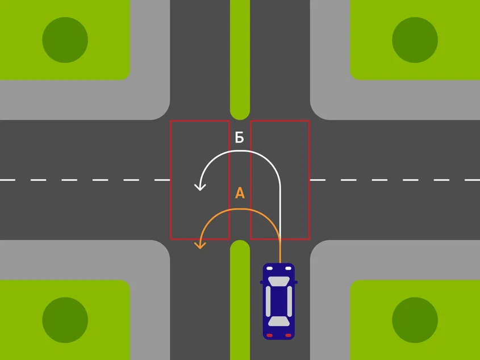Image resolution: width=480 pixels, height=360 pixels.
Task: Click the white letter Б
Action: (239, 137)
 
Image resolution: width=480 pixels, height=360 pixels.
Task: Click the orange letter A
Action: (240, 193)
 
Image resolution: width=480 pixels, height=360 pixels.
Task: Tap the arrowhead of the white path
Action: (200, 187)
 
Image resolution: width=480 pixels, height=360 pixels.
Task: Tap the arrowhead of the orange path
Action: (200, 245)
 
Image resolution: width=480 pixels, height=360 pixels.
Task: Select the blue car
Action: (279, 301)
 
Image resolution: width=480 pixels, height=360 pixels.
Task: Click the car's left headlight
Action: (269, 269)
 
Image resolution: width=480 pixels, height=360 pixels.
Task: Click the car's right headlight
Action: (289, 269)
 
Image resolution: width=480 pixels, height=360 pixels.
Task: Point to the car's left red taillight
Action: (269, 336)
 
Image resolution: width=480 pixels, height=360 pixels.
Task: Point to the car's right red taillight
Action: (289, 336)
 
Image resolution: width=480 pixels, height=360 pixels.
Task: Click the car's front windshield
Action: (279, 281)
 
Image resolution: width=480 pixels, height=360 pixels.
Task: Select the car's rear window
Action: (279, 321)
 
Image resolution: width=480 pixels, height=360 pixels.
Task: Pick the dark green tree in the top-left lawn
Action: (65, 40)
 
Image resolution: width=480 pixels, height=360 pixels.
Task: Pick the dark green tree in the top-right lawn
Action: (415, 40)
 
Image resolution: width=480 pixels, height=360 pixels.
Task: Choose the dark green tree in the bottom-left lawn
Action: (65, 320)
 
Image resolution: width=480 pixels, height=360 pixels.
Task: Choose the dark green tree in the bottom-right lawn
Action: (415, 320)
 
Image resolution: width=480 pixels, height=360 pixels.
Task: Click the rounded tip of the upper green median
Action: (240, 118)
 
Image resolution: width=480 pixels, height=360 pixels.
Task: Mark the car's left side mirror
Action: (261, 282)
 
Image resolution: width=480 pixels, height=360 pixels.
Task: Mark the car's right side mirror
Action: (296, 282)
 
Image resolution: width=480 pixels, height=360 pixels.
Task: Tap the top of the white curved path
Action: (240, 150)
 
